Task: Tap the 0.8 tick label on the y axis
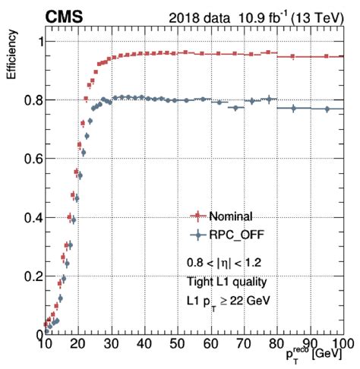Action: [27, 100]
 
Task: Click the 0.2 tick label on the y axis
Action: [27, 276]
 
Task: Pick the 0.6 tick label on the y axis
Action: [27, 159]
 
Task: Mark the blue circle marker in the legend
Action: [198, 235]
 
